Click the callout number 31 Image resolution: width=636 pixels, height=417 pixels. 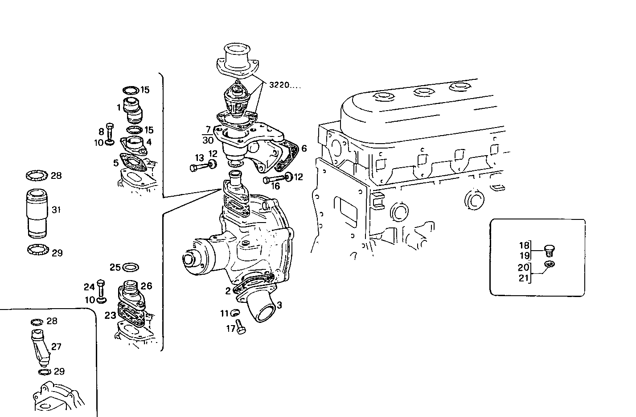click(x=56, y=209)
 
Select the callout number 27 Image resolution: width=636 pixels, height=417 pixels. click(x=56, y=347)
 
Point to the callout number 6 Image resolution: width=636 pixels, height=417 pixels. click(x=304, y=148)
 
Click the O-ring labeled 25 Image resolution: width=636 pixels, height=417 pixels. click(x=130, y=267)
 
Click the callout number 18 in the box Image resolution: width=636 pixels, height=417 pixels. click(x=524, y=245)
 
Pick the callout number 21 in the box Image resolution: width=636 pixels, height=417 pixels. click(x=524, y=278)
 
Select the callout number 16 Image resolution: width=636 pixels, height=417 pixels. click(x=275, y=186)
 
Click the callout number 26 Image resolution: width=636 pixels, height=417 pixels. click(x=146, y=285)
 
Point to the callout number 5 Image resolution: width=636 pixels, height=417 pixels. click(x=115, y=163)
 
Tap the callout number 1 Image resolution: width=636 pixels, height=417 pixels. click(x=119, y=107)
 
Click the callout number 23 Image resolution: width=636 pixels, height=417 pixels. click(x=110, y=315)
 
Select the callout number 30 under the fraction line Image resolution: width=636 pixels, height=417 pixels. click(x=207, y=140)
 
